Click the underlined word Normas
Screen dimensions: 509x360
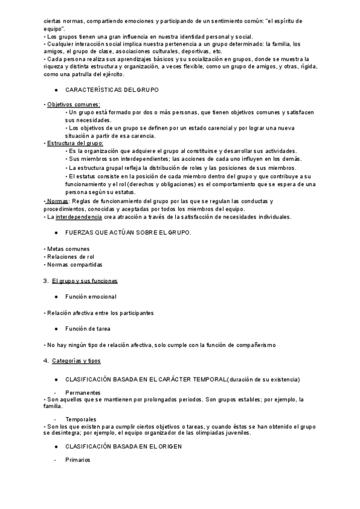coord(58,201)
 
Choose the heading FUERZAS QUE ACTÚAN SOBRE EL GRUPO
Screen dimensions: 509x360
coord(128,232)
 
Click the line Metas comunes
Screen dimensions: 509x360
coord(68,248)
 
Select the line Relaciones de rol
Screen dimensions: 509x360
coord(69,256)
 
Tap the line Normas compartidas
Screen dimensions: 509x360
coord(74,264)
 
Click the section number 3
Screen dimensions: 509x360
coord(46,280)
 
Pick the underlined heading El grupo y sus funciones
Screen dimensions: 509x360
coord(85,280)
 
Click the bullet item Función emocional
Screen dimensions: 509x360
coord(91,297)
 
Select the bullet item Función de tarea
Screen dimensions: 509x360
coord(88,328)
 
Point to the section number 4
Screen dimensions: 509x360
coord(46,360)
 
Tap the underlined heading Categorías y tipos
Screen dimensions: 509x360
coord(76,360)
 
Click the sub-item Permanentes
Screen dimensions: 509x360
coord(83,392)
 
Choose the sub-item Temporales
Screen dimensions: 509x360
coord(81,418)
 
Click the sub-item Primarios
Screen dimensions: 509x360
coord(77,460)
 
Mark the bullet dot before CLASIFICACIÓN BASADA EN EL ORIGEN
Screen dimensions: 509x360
coord(55,447)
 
